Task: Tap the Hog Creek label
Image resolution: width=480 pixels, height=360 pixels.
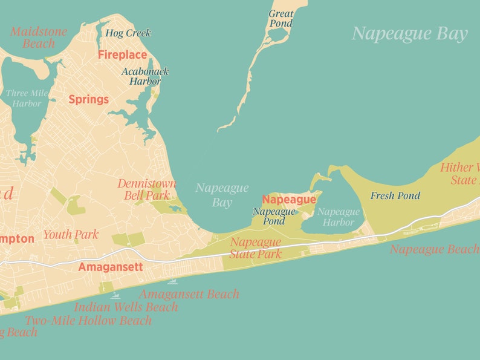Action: point(128,33)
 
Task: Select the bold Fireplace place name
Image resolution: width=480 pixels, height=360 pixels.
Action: point(122,55)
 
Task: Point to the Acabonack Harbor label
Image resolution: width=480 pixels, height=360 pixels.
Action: point(145,76)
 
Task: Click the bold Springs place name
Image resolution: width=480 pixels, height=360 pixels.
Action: point(88,99)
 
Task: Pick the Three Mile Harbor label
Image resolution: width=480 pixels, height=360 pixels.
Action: point(24,98)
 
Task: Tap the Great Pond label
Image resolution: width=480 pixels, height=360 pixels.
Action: point(281,18)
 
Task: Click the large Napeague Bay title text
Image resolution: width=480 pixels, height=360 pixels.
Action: point(410,34)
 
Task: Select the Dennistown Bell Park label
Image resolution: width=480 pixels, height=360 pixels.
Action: point(147,189)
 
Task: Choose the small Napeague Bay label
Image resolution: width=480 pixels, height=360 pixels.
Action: point(222,195)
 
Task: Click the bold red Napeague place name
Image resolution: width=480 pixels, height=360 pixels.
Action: point(289,200)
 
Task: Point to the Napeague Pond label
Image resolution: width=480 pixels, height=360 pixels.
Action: point(274,216)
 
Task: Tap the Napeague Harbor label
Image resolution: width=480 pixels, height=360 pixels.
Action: point(339,217)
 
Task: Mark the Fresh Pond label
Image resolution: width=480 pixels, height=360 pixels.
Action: point(395,195)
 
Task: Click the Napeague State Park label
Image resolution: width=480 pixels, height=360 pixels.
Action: point(256,248)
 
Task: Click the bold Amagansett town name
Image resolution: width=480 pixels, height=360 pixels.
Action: point(110,267)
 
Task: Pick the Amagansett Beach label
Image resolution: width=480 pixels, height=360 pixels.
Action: point(189,294)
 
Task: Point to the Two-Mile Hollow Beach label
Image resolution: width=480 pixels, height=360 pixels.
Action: point(88,320)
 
